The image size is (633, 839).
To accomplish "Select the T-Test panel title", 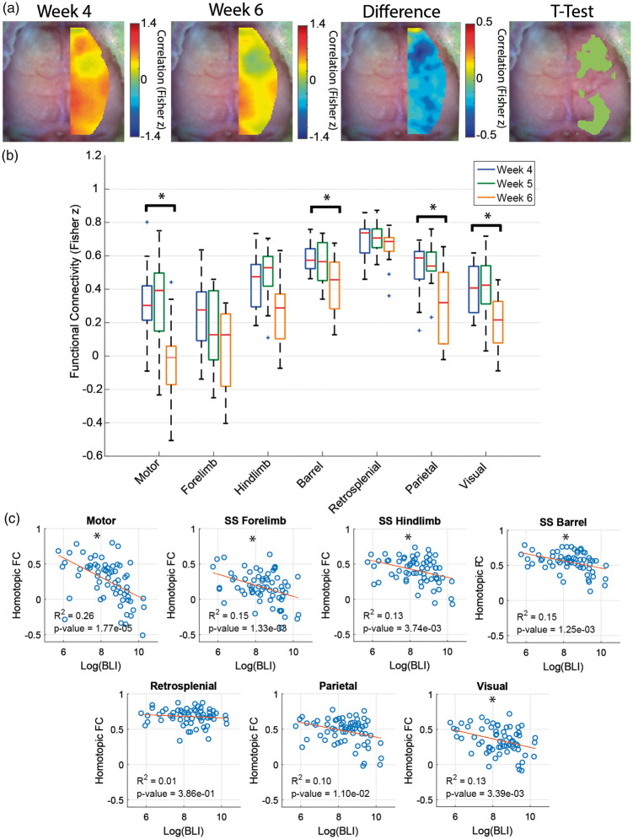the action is [x=571, y=11].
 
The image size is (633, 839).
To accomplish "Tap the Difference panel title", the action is [x=401, y=11].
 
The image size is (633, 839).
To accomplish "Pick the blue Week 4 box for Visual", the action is [x=474, y=289].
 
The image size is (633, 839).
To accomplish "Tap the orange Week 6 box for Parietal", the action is [x=443, y=308].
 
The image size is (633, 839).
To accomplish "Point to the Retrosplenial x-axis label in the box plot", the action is [x=355, y=486].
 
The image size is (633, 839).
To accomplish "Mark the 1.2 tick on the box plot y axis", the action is [x=94, y=156].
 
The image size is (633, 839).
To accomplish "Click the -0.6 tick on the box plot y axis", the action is [x=91, y=456].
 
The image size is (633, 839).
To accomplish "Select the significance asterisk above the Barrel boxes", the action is [x=327, y=198].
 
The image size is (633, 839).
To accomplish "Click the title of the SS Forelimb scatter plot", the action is [x=255, y=520].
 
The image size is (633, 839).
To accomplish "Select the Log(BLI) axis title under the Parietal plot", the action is [x=338, y=831].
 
